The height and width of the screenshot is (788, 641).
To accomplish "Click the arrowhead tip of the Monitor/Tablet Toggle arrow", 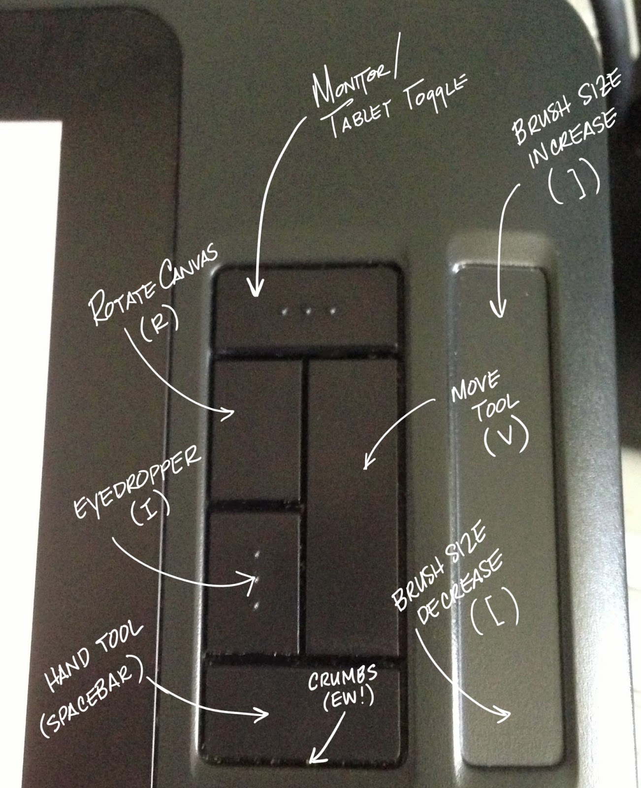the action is (255, 296).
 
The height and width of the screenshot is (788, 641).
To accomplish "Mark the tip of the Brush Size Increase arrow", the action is (500, 317).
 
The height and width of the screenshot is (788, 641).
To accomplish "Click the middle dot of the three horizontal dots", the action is (307, 311).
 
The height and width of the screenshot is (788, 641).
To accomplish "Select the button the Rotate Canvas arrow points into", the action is (256, 431).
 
